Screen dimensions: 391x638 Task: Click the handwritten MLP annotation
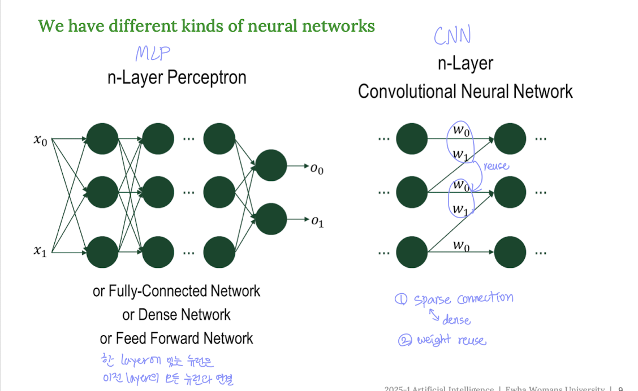(153, 54)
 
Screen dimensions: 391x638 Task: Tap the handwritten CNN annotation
(452, 36)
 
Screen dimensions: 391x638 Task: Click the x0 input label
(40, 140)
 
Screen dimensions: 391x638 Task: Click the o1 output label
(317, 221)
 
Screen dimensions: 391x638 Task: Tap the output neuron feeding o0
(271, 166)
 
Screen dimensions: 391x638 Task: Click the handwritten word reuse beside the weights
(496, 166)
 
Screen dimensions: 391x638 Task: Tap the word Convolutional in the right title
(414, 91)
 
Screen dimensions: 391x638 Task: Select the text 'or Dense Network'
(176, 315)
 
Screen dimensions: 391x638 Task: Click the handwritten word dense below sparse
(456, 320)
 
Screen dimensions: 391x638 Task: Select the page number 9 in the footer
(620, 388)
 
